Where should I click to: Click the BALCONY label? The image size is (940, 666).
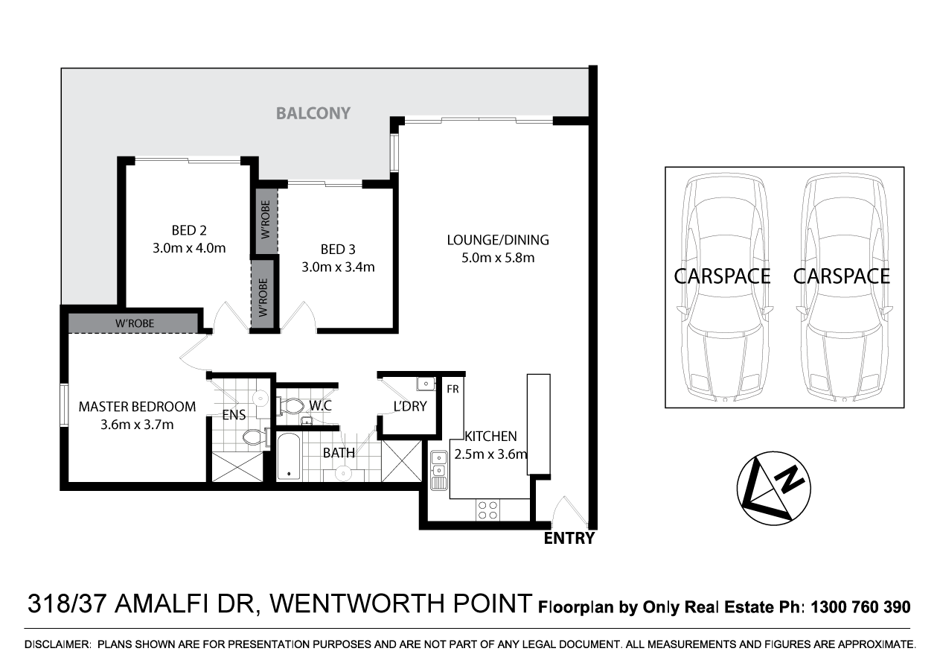(313, 114)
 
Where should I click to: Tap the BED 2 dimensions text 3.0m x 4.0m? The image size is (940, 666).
(189, 249)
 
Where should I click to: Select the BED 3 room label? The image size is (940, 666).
(337, 249)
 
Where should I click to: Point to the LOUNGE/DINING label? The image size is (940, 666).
(497, 240)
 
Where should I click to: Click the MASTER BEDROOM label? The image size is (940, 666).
(137, 407)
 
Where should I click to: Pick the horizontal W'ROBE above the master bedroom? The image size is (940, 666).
(132, 323)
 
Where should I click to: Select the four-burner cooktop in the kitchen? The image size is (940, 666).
(488, 510)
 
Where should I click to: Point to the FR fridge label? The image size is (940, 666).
(452, 389)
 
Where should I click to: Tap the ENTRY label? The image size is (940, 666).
(569, 539)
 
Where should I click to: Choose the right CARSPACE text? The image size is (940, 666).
(841, 276)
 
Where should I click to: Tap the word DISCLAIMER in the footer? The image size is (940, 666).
(57, 644)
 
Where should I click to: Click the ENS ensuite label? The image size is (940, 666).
(234, 416)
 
